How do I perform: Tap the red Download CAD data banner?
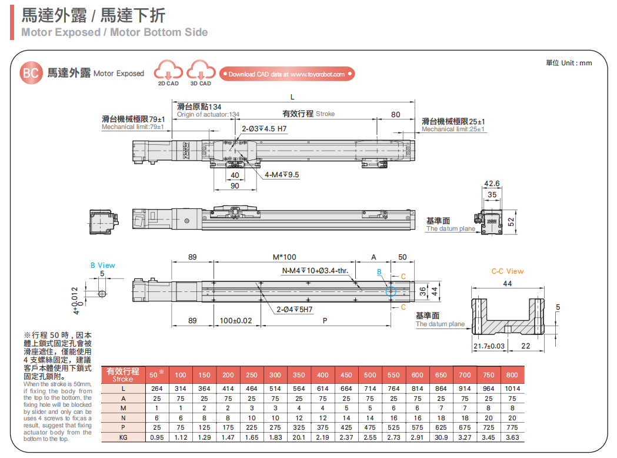coord(287,74)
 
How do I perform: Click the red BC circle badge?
coord(31,73)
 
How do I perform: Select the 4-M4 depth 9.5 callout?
coord(282,175)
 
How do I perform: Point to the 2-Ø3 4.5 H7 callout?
coord(264,128)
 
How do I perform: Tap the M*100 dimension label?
coord(285,257)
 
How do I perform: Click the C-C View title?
coord(507,271)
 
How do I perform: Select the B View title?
coord(103,265)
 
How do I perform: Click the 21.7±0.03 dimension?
coord(489,346)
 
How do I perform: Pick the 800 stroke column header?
coord(512,375)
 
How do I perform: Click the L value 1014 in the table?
coord(512,389)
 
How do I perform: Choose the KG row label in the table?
coord(123,437)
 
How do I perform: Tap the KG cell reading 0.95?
coord(157,437)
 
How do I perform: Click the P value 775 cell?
coord(512,427)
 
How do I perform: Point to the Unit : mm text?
coord(569,62)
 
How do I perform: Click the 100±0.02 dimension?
coord(235,321)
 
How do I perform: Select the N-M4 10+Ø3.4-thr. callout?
coord(315,271)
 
